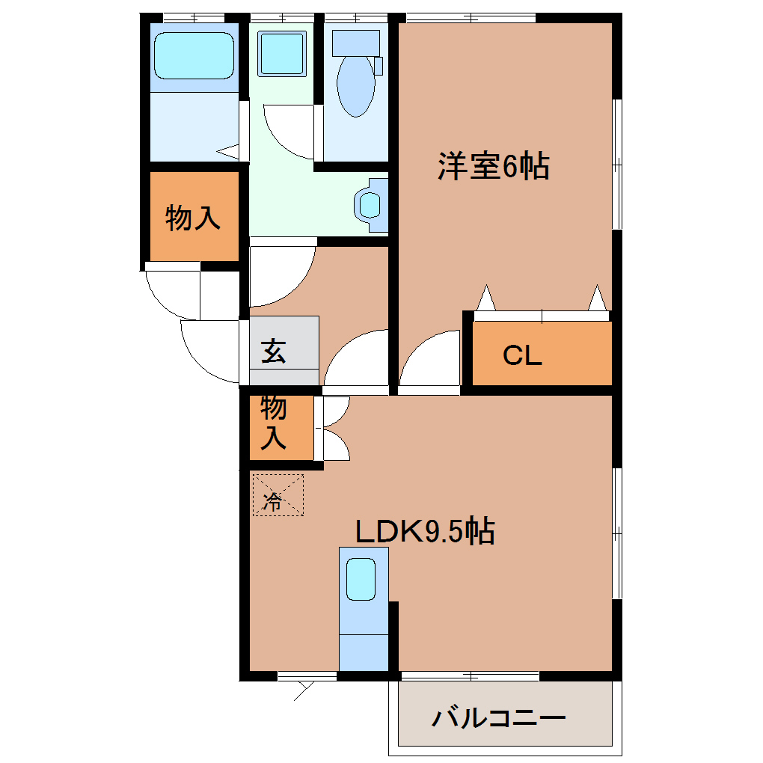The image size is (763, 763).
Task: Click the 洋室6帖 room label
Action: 494,166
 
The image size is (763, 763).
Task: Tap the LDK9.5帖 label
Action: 424,532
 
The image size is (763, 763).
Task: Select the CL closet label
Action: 521,355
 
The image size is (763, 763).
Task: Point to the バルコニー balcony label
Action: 499,719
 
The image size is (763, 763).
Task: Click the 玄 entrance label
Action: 273,351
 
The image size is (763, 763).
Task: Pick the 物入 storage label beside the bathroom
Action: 193,218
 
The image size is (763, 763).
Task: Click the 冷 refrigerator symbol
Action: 278,495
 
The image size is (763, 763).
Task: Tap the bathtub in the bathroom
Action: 194,55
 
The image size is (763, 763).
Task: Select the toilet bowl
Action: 355,86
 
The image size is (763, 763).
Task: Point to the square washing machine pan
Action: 282,53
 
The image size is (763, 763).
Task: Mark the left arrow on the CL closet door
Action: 486,298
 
